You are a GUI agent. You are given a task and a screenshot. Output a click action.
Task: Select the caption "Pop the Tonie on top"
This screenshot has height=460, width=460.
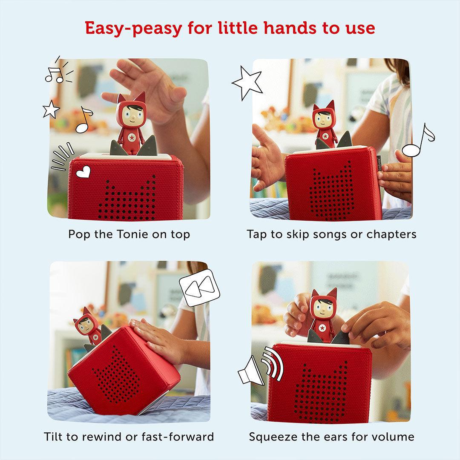click(x=129, y=234)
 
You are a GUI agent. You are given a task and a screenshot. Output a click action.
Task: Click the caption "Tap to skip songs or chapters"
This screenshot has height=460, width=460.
click(x=331, y=234)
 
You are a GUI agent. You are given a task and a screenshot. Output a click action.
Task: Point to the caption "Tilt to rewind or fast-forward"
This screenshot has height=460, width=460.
click(x=129, y=437)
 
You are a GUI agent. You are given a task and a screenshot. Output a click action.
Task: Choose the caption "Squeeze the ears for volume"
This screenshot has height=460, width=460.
click(x=331, y=437)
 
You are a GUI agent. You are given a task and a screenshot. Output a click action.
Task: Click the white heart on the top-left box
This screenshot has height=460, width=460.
click(x=84, y=172)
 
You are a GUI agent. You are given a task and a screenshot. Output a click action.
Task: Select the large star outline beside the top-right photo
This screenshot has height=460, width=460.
click(x=247, y=83)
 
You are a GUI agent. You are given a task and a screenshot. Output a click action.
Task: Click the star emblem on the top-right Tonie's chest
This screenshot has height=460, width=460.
click(x=326, y=136)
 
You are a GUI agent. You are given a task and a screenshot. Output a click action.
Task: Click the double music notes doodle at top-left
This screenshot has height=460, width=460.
click(x=57, y=73)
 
